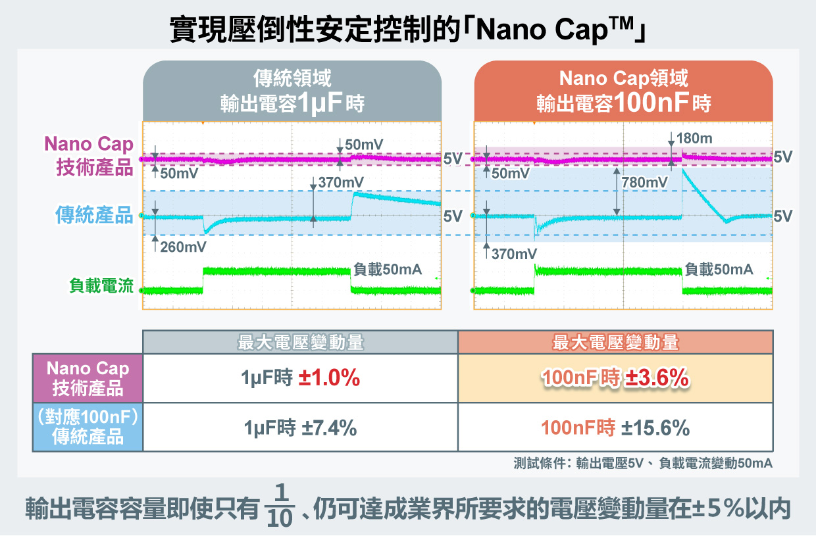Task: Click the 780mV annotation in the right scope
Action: (644, 182)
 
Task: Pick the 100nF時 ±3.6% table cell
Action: (615, 378)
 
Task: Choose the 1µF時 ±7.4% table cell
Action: (300, 428)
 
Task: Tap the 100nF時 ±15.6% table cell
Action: (615, 428)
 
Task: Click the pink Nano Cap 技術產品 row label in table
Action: (88, 378)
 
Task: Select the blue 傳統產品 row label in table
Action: (88, 427)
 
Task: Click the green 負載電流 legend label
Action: (101, 286)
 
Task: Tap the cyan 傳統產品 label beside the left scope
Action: (94, 215)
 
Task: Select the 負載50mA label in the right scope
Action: (719, 269)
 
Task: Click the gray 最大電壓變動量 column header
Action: (300, 343)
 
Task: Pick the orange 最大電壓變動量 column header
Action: (615, 343)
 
